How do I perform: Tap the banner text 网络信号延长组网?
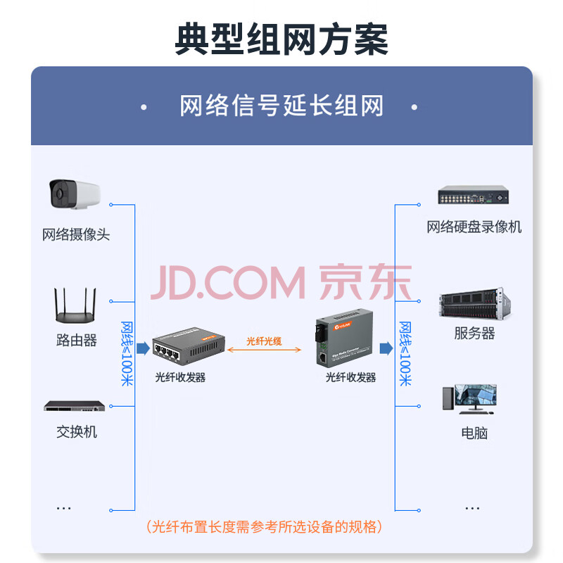(281, 107)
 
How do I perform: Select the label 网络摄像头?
(76, 234)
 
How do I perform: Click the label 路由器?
(76, 341)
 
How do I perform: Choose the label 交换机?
(76, 431)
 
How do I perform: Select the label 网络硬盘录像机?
(474, 227)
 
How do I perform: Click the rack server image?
(474, 305)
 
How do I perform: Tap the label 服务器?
(474, 334)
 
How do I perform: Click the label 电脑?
(474, 433)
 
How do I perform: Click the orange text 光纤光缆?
(264, 341)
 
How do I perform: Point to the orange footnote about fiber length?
(264, 526)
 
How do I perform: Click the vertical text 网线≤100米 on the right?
(405, 353)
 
